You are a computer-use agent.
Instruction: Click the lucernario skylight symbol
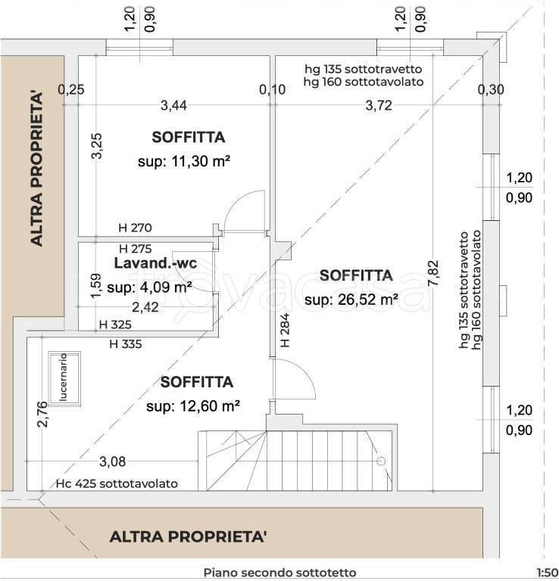click(66, 379)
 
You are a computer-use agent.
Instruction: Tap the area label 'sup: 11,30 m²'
click(184, 161)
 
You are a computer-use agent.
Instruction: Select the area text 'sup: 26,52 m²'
click(351, 300)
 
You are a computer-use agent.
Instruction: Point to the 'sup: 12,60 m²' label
click(193, 406)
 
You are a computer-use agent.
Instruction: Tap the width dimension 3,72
click(378, 105)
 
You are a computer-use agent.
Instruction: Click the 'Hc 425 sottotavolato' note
click(117, 483)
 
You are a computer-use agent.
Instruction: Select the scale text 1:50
click(546, 573)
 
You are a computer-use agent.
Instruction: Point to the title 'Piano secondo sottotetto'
click(279, 573)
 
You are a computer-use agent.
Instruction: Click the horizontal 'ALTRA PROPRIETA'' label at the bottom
click(189, 537)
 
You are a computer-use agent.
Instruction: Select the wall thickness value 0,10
click(272, 89)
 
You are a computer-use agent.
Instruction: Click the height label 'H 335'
click(125, 343)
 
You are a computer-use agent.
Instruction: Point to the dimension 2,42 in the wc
click(145, 306)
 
